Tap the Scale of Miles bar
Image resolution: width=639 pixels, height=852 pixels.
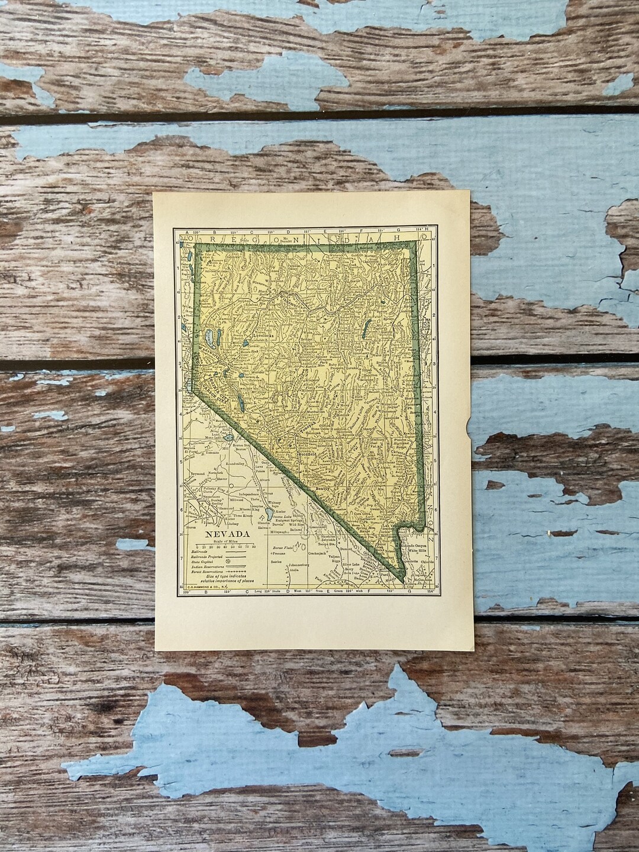click(222, 550)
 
